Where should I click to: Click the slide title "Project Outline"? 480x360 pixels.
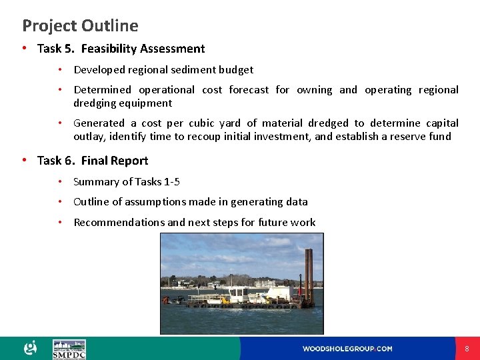tap(80, 26)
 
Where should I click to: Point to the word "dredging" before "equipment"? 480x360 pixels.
tap(94, 103)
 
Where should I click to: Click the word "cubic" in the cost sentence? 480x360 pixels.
tap(201, 123)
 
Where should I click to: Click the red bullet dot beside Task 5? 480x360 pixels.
tap(24, 49)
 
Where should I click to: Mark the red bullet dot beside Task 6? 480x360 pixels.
tap(24, 161)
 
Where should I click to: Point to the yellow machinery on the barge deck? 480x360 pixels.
tap(226, 300)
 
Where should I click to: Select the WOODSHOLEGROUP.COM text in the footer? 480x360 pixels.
tap(347, 349)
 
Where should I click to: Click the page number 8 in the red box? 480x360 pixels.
tap(467, 349)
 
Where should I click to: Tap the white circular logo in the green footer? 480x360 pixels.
tap(31, 348)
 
